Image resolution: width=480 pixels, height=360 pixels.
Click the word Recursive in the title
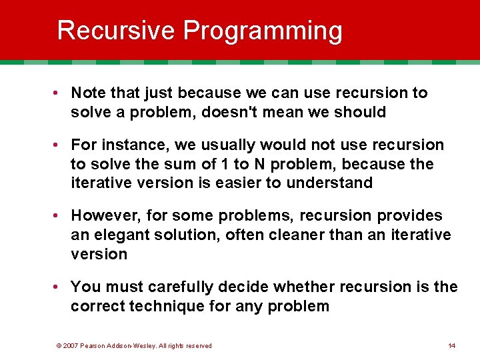tap(116, 31)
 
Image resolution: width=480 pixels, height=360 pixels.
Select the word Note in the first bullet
tap(87, 93)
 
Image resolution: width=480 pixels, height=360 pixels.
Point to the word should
tap(362, 112)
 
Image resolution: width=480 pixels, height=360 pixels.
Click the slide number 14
tap(452, 345)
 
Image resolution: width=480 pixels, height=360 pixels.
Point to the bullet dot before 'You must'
tap(60, 287)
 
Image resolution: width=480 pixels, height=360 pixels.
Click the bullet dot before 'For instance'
tap(60, 145)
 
